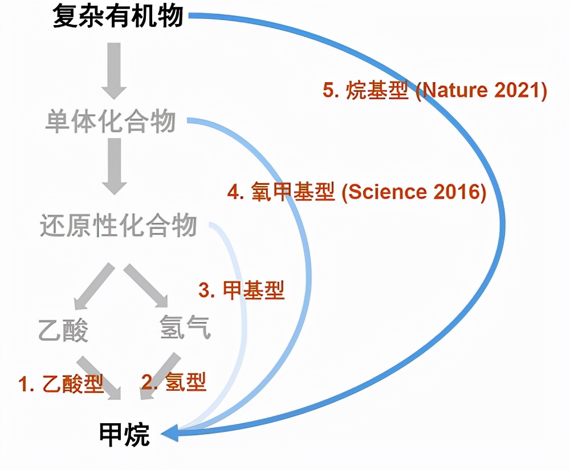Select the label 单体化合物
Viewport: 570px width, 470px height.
[x=110, y=122]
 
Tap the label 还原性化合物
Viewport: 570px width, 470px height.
[x=119, y=226]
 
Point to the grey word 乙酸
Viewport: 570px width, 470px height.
[x=63, y=330]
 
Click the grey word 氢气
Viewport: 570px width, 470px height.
[x=185, y=328]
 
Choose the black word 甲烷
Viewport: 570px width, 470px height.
[x=124, y=435]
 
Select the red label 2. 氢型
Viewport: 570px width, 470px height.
[x=174, y=381]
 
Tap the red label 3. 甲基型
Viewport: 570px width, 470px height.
[x=241, y=290]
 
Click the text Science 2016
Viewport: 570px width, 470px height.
[x=415, y=192]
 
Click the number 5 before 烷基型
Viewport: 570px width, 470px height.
[x=327, y=91]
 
